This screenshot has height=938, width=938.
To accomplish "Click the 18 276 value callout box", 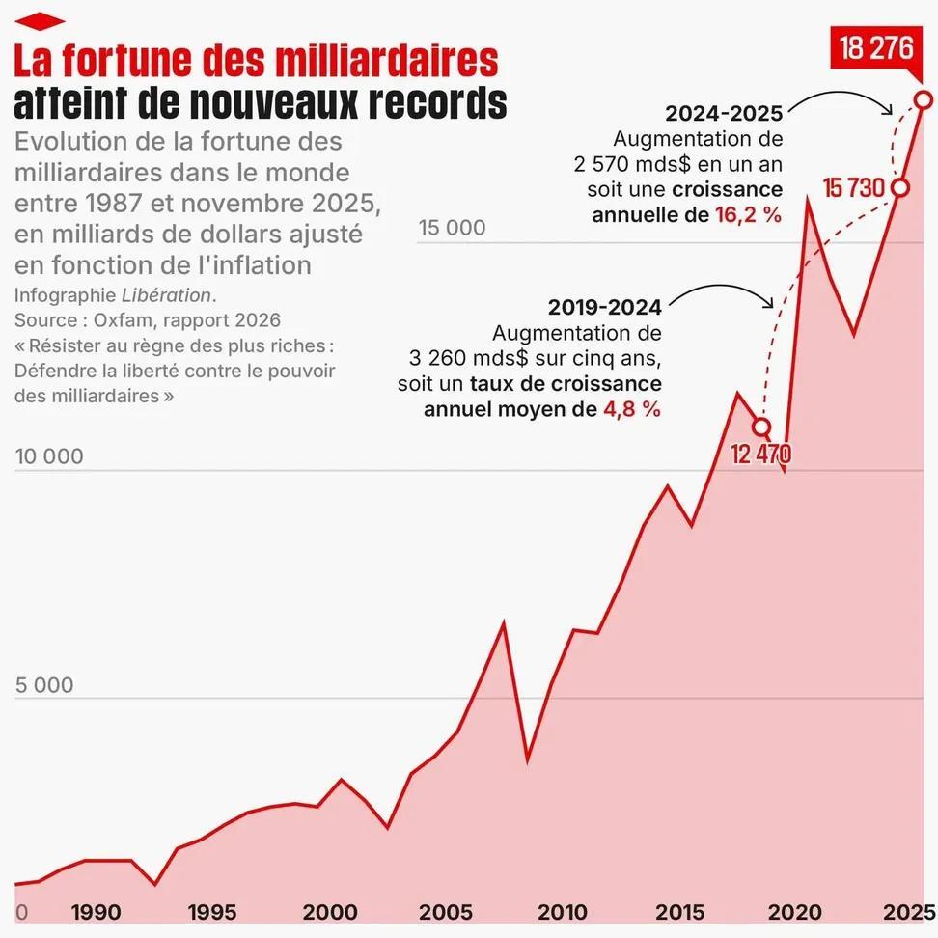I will pos(876,49).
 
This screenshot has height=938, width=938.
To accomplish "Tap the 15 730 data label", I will pos(854,186).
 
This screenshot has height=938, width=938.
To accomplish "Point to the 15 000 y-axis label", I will pos(452,229).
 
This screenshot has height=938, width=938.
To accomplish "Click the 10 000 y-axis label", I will pos(49,456).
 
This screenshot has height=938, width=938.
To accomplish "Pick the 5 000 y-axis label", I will pos(44,685).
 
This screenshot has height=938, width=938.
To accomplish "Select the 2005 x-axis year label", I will pos(446,912).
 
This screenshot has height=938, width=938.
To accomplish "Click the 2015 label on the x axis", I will pos(679,912).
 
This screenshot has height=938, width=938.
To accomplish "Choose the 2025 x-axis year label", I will pos(909,912).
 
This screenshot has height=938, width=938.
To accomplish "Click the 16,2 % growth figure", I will pos(748,214).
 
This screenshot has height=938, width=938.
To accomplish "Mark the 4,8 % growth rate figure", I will pos(632,409).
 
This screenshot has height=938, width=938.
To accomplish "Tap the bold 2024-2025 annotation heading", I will pos(724,113).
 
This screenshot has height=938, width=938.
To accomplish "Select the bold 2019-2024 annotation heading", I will pos(605,308).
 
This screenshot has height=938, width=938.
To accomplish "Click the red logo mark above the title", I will pos(40,20).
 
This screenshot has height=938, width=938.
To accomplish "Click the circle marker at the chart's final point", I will pos(924,99).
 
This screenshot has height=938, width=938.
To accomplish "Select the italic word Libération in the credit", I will pos(166,294).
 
